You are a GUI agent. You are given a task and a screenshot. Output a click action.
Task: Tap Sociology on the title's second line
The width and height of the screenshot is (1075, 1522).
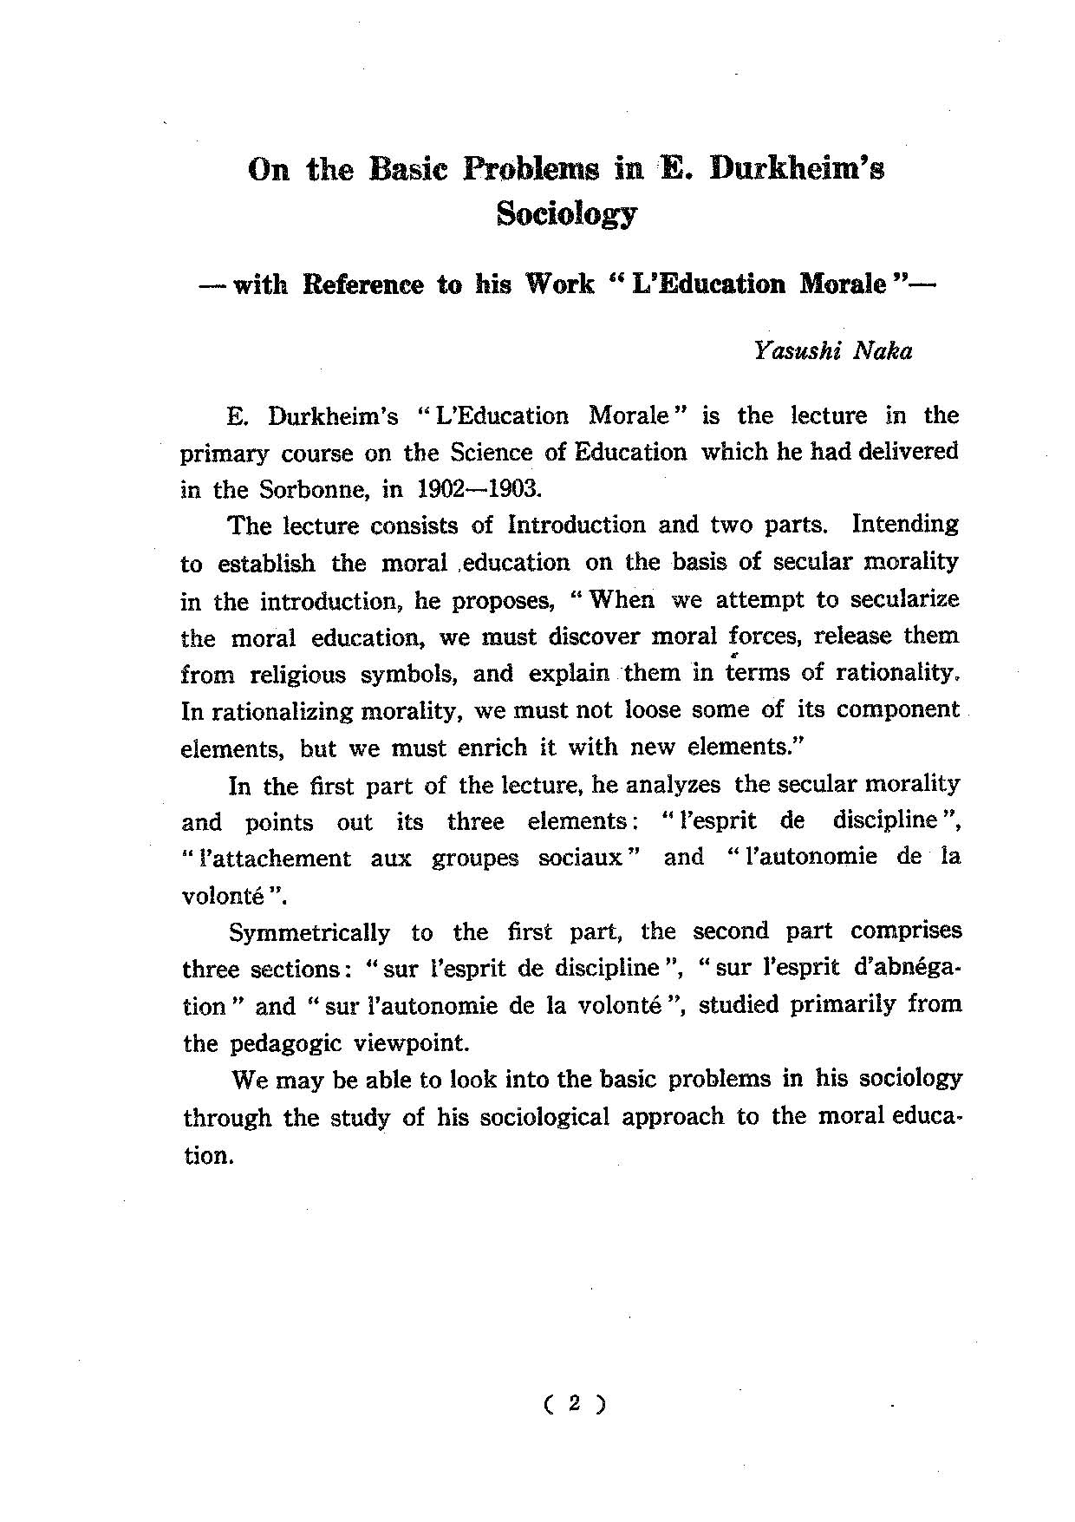[567, 213]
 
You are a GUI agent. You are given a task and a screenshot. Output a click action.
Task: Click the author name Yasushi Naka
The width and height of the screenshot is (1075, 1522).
[832, 351]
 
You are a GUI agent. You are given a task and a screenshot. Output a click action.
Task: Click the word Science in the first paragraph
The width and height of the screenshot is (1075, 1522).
[492, 452]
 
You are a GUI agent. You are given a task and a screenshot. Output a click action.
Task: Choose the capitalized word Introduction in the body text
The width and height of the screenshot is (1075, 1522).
[577, 526]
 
